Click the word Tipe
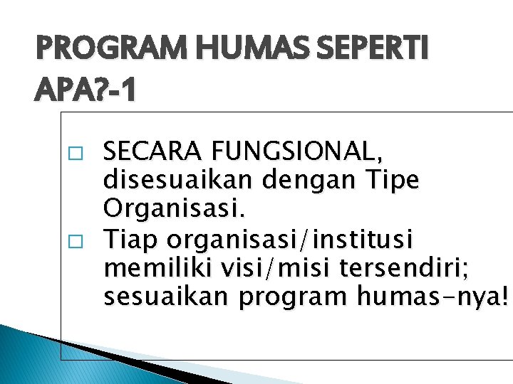(393, 181)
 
